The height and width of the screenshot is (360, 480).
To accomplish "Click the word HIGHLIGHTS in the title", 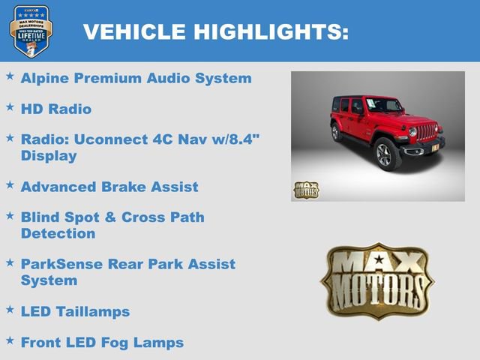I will coord(271,31).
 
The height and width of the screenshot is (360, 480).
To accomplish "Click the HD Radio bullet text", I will coord(56,109).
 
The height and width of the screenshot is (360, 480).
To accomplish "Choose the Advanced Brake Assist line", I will coord(109,186).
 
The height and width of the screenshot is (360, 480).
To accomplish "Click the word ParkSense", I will coord(59,264).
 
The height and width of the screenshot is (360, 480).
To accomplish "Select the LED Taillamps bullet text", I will coord(75,311).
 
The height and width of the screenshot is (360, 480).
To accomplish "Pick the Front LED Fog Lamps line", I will coord(102,343).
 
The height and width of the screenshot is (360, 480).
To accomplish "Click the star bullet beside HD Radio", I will coord(10,107).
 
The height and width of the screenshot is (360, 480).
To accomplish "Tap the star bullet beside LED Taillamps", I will coord(10,309).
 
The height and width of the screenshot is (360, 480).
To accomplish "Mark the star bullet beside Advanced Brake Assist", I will coord(10,184).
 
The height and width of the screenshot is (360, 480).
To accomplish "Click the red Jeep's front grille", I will coord(426,132).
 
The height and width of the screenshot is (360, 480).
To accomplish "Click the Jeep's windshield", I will coord(382,105).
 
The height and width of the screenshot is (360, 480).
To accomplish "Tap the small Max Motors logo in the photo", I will coord(306,189).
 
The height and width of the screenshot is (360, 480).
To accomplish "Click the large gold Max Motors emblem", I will coord(377,280).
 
